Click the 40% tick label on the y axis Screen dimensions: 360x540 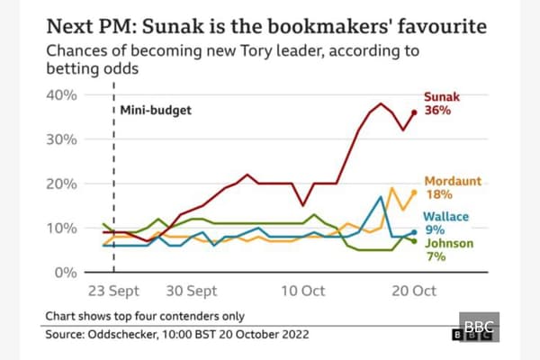click(x=65, y=94)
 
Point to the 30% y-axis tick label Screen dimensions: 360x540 click(x=65, y=139)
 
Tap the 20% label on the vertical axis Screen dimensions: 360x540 click(x=65, y=183)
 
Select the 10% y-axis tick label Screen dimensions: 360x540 click(x=65, y=227)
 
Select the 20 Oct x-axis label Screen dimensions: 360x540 click(x=414, y=291)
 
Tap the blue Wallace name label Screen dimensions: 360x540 click(x=446, y=216)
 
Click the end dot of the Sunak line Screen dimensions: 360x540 click(x=414, y=112)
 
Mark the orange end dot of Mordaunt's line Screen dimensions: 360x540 click(x=414, y=192)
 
